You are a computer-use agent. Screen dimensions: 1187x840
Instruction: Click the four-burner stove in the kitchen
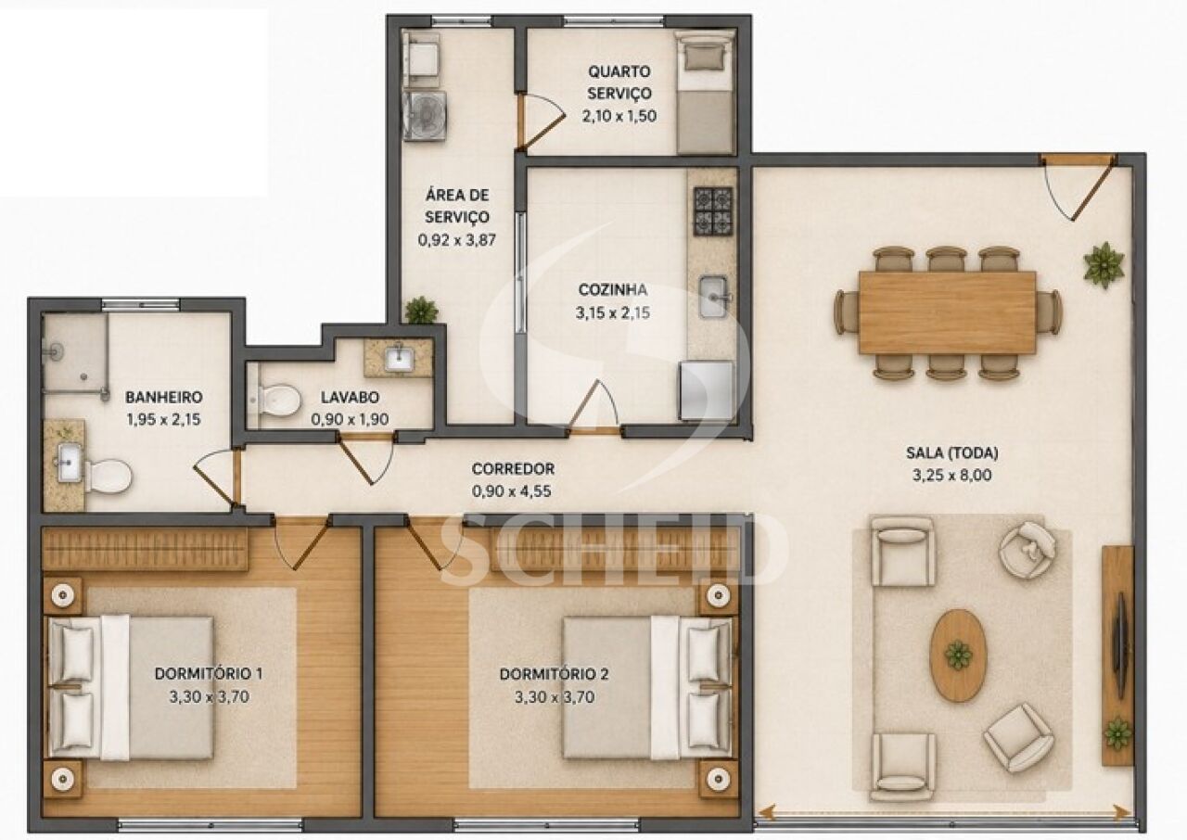pos(713,211)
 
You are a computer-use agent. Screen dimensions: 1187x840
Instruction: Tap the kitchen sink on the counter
pos(713,297)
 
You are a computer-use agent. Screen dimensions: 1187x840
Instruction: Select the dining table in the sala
pos(948,312)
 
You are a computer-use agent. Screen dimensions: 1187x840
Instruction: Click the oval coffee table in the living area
pos(959,655)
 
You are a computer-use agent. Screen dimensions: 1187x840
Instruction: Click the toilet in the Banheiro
pos(108,477)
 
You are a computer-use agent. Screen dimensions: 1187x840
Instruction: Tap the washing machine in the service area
pos(425,116)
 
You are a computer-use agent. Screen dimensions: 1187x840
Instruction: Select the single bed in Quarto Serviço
pos(706,92)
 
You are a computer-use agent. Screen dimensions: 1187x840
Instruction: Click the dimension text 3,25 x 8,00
pos(951,475)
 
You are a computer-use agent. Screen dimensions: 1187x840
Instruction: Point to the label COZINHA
pos(613,289)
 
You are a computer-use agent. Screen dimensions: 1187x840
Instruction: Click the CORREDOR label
pos(513,469)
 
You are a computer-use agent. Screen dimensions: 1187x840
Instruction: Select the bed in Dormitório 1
pos(132,687)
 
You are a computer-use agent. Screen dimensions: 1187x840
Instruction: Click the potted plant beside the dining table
pos(1104,265)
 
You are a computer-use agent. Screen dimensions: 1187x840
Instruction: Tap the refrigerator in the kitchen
pos(708,391)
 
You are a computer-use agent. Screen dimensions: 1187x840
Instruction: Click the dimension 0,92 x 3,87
pos(457,240)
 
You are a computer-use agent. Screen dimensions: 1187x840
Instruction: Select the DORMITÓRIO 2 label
pos(555,674)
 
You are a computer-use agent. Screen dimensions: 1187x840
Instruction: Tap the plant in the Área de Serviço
pos(422,311)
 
